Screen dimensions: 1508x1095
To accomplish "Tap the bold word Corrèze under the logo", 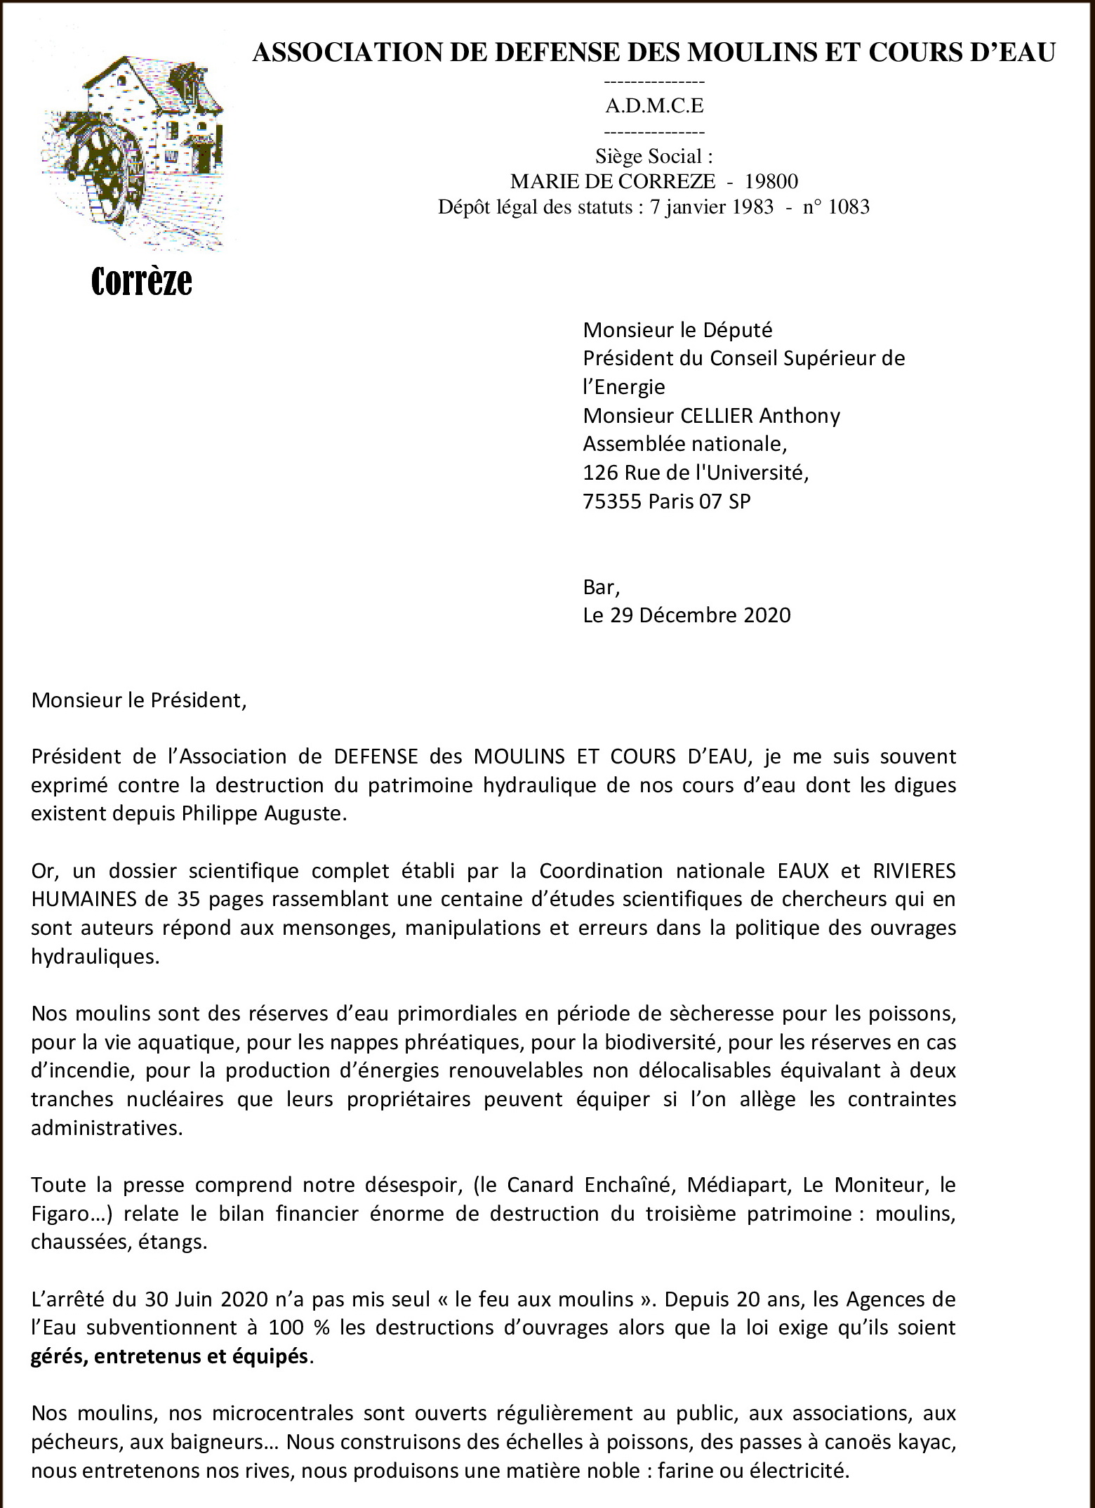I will tap(142, 282).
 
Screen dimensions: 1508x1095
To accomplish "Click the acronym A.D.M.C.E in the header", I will tap(654, 106).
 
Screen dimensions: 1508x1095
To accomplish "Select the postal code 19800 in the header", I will tap(771, 182).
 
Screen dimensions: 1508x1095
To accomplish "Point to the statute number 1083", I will tap(849, 207).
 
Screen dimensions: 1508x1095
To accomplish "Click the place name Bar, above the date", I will tap(601, 586).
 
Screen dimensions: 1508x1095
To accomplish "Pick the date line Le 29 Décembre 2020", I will tap(686, 615).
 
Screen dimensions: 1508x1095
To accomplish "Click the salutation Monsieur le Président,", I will tap(139, 701).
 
